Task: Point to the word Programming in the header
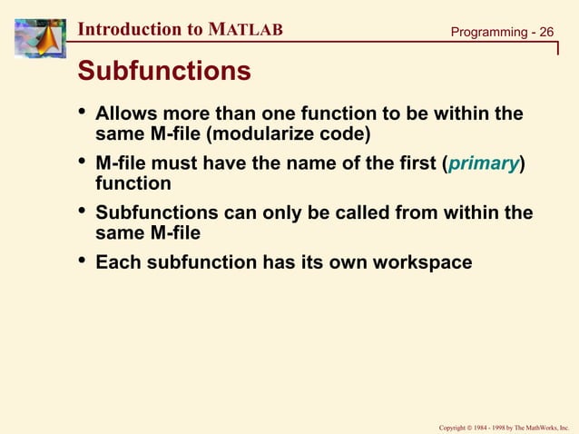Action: pyautogui.click(x=488, y=33)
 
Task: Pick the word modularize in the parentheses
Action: pyautogui.click(x=272, y=134)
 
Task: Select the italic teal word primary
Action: pyautogui.click(x=486, y=163)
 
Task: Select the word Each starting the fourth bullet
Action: pyautogui.click(x=117, y=262)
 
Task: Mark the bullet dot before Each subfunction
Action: pyautogui.click(x=82, y=261)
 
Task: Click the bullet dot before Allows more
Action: pyautogui.click(x=82, y=113)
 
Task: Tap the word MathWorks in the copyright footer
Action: pyautogui.click(x=535, y=425)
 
